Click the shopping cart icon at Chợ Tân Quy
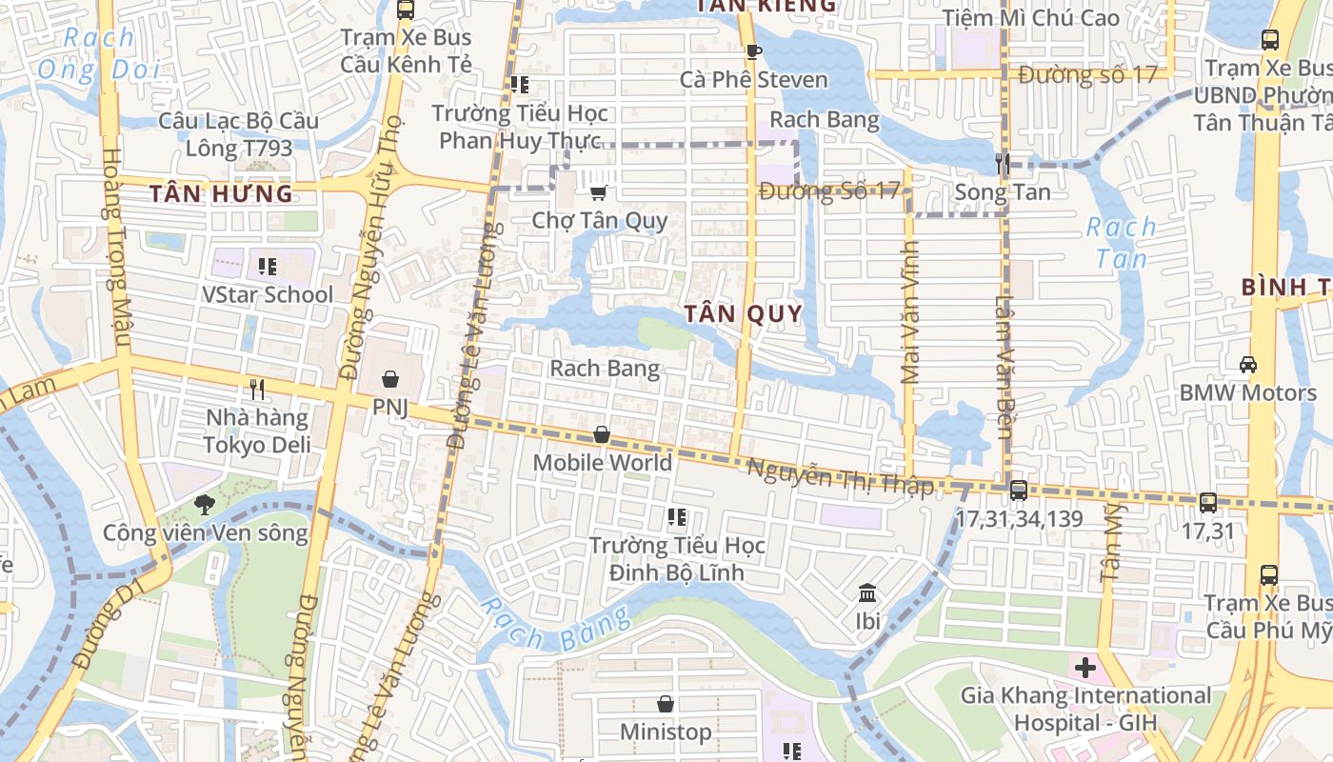pyautogui.click(x=598, y=193)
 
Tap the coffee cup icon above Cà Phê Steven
pyautogui.click(x=753, y=51)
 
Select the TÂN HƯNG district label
pyautogui.click(x=221, y=194)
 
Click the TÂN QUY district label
pyautogui.click(x=744, y=313)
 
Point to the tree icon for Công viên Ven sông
pyautogui.click(x=204, y=505)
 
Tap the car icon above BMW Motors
pyautogui.click(x=1247, y=364)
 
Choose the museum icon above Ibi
pyautogui.click(x=867, y=594)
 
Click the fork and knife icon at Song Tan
pyautogui.click(x=1002, y=164)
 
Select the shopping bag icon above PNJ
pyautogui.click(x=389, y=380)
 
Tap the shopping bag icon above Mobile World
pyautogui.click(x=602, y=435)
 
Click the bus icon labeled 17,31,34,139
pyautogui.click(x=1018, y=491)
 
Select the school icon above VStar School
pyautogui.click(x=268, y=266)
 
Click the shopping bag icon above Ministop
pyautogui.click(x=666, y=704)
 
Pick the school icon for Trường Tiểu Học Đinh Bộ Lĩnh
pyautogui.click(x=677, y=517)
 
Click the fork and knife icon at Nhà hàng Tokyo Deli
pyautogui.click(x=256, y=389)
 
